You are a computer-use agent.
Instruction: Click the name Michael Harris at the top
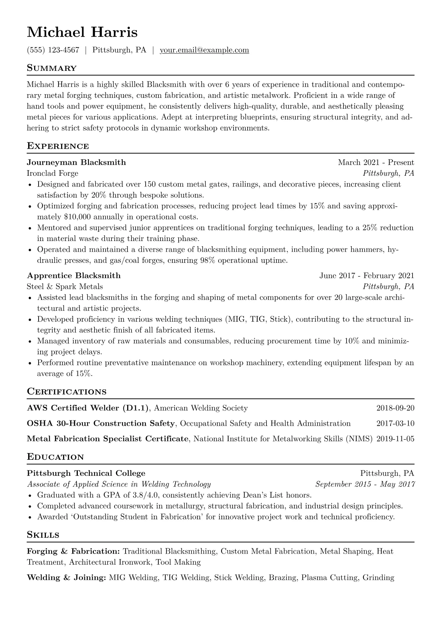pyautogui.click(x=82, y=32)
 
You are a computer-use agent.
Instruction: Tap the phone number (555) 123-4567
pyautogui.click(x=53, y=50)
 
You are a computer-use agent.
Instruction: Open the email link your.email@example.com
pyautogui.click(x=204, y=50)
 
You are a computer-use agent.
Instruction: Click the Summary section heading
pyautogui.click(x=52, y=68)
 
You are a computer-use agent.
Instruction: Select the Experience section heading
pyautogui.click(x=58, y=146)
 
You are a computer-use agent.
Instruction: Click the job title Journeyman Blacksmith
pyautogui.click(x=76, y=162)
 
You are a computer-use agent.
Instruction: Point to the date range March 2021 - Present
pyautogui.click(x=376, y=162)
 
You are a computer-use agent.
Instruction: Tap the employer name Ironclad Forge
pyautogui.click(x=53, y=173)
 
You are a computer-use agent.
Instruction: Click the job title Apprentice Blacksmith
pyautogui.click(x=74, y=275)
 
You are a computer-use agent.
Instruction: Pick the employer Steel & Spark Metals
pyautogui.click(x=65, y=287)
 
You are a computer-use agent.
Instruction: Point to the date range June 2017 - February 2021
pyautogui.click(x=367, y=275)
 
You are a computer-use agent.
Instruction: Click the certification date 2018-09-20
pyautogui.click(x=395, y=408)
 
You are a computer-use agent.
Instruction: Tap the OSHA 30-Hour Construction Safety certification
pyautogui.click(x=101, y=423)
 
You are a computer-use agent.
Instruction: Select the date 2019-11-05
pyautogui.click(x=395, y=439)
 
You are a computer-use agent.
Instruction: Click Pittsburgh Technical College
pyautogui.click(x=86, y=473)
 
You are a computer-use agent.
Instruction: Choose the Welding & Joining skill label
pyautogui.click(x=67, y=577)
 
